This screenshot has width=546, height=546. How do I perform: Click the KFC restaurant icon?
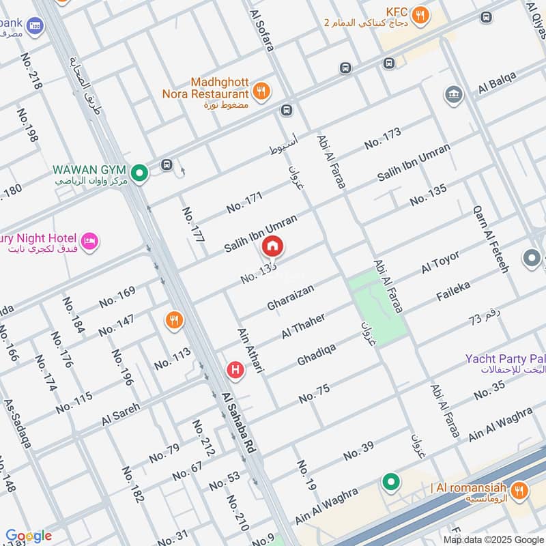421,14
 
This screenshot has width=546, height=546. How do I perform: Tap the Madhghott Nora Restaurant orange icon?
260,91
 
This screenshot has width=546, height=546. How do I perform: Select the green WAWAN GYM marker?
140,173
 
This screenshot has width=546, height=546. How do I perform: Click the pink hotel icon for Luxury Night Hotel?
89,241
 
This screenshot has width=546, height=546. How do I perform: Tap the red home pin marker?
272,246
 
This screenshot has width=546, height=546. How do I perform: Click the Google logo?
29,536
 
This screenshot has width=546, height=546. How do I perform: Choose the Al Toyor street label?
440,262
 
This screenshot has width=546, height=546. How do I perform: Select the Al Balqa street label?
495,87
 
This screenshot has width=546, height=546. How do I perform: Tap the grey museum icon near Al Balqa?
453,95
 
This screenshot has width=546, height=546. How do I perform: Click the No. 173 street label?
382,139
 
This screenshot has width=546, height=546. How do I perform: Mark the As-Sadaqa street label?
18,423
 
